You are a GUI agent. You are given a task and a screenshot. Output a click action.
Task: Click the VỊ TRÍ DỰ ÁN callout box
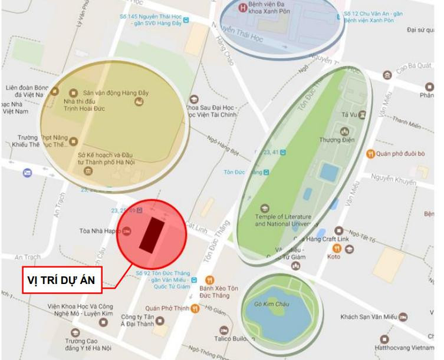point(63,279)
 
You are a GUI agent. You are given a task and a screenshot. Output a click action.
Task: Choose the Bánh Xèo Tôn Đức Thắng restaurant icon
point(209,280)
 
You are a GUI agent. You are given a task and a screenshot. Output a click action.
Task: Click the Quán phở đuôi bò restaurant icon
point(370,154)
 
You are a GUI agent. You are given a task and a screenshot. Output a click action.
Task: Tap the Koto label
point(334,256)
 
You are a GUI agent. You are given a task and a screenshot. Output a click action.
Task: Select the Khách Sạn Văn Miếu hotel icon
point(403,317)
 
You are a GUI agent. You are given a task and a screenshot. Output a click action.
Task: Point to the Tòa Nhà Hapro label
point(100,231)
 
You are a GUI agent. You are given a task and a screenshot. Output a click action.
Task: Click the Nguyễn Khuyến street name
point(392,177)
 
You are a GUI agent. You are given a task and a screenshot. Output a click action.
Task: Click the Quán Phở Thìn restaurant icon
point(195,308)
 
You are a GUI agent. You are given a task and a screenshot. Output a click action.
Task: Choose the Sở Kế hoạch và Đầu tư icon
point(88,171)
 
